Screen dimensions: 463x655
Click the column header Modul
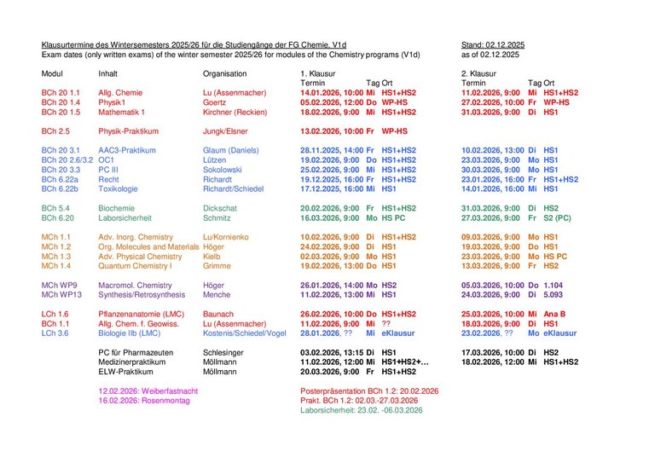coord(52,73)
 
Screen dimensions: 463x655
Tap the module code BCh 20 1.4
coord(61,102)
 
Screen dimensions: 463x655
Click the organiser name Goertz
coord(214,102)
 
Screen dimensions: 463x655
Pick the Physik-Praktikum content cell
coord(131,131)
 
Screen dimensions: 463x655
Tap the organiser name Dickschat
coord(221,208)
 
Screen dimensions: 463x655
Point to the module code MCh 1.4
coord(57,265)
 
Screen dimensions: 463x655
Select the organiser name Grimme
coord(217,265)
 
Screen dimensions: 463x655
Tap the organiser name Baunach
coord(219,314)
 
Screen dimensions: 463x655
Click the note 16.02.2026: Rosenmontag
coord(143,400)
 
